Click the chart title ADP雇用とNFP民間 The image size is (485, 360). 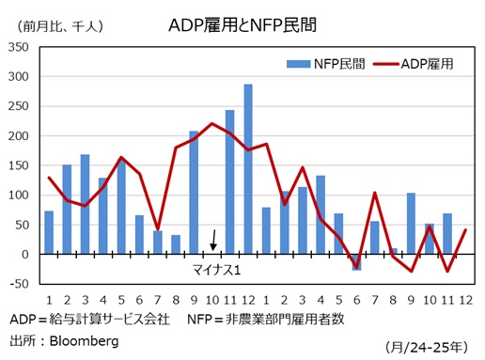tap(242, 23)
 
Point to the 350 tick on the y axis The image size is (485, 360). tap(18, 47)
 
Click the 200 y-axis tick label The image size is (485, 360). tap(18, 136)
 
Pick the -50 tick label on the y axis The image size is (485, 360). tap(19, 284)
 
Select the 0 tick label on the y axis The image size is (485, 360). tap(26, 255)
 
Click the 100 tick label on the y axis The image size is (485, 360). tap(18, 196)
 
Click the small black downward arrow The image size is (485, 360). tap(213, 241)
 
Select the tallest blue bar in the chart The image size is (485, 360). tap(248, 169)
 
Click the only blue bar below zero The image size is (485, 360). tap(357, 262)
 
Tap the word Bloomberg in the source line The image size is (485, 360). tap(84, 340)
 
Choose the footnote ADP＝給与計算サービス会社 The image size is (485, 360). tap(89, 319)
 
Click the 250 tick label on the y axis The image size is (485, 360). tap(18, 106)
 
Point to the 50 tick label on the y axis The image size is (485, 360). tap(22, 225)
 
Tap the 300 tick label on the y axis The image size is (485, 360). tap(18, 77)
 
